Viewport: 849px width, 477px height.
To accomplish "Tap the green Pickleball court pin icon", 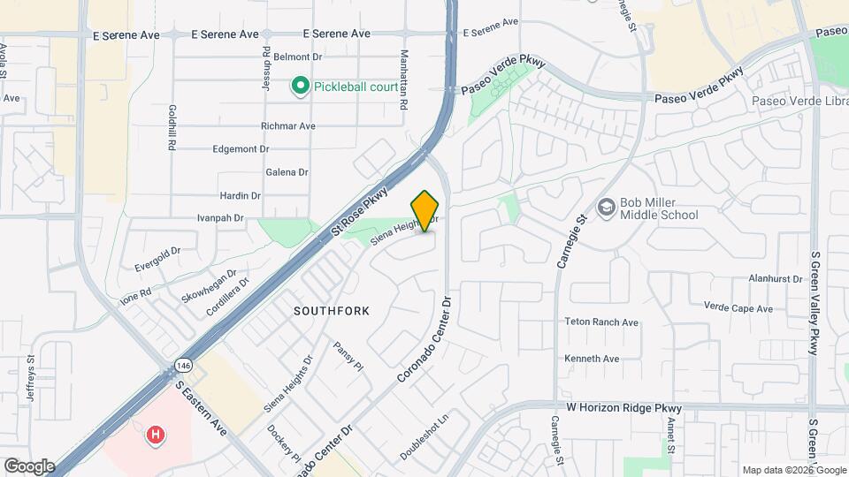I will [x=300, y=86].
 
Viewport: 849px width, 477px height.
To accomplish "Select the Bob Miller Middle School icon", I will [x=606, y=208].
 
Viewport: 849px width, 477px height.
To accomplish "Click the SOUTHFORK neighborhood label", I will [x=332, y=311].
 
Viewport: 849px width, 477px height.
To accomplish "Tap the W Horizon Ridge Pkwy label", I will [x=624, y=408].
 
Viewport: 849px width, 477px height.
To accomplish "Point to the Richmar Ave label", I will [x=288, y=126].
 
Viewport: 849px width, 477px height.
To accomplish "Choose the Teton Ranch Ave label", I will [x=601, y=322].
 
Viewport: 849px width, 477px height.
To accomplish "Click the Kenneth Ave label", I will [x=593, y=359].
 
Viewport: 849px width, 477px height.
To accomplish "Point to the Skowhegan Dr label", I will [x=209, y=284].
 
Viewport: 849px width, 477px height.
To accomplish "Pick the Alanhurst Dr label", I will [x=775, y=278].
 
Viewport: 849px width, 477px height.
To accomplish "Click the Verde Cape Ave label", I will [x=738, y=308].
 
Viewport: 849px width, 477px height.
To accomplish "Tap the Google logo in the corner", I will [x=29, y=466].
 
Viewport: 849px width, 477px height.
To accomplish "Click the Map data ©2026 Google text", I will [x=793, y=470].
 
